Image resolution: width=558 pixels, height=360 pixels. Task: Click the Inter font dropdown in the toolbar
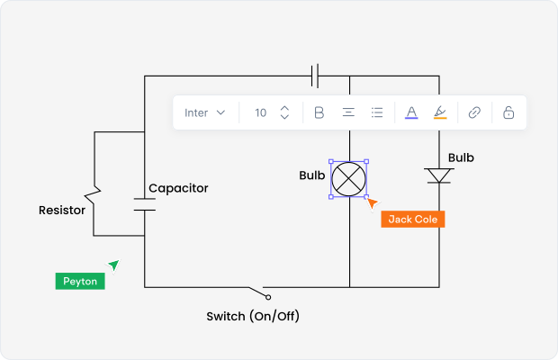click(x=204, y=112)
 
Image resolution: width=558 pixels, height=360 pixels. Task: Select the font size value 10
click(x=260, y=112)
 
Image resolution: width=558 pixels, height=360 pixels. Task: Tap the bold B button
click(x=319, y=112)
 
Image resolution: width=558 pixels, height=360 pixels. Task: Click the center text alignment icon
click(x=347, y=112)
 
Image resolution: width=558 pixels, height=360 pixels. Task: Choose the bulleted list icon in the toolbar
click(x=377, y=112)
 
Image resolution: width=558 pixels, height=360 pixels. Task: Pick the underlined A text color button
click(x=411, y=112)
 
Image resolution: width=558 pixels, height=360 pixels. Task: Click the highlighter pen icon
click(x=439, y=112)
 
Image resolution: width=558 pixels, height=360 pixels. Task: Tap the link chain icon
click(x=474, y=112)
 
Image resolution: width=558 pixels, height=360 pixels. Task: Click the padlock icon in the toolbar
click(x=508, y=112)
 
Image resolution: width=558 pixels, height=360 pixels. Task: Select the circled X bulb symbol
click(x=348, y=178)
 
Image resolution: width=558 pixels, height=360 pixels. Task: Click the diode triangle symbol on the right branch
click(x=439, y=175)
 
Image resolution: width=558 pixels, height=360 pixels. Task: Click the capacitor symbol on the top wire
click(x=315, y=76)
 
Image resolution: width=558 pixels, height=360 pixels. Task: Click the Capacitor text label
click(x=178, y=188)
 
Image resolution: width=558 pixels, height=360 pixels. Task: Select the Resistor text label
click(x=62, y=211)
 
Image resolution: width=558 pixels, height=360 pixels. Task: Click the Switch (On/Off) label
click(x=253, y=316)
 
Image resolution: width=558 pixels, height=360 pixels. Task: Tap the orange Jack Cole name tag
click(x=413, y=219)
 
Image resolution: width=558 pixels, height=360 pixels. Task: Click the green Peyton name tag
click(x=80, y=281)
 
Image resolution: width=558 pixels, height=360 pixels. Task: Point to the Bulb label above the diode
click(x=461, y=157)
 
